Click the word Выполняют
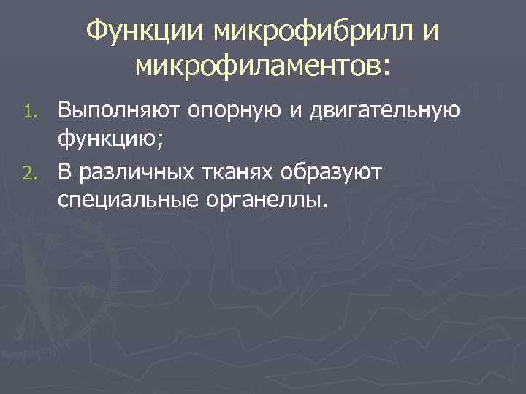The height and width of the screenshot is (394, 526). [x=122, y=112]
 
